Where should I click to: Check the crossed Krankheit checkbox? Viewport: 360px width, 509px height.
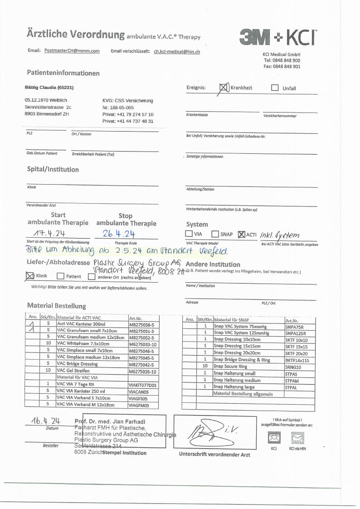224,88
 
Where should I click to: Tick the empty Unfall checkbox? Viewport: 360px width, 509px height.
275,88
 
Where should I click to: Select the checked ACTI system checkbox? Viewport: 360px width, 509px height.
241,234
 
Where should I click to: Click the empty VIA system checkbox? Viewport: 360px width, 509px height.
189,234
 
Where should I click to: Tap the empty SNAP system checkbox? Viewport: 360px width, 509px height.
215,234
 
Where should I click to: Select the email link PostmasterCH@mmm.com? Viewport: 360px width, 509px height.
72,51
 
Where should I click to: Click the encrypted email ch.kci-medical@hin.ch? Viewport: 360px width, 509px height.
177,52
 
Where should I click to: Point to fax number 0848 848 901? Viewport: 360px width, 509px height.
282,66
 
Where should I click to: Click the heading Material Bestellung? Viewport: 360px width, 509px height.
56,306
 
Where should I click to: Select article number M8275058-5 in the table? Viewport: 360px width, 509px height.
142,325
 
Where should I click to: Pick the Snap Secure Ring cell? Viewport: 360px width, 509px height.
231,366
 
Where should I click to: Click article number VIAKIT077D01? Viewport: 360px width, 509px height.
142,385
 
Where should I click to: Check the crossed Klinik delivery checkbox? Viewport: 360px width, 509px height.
30,275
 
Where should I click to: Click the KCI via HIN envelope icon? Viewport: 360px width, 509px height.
297,438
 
